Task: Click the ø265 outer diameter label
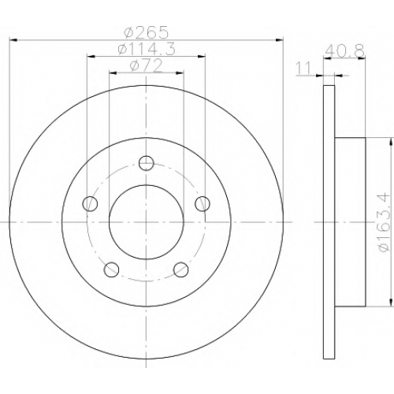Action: coord(146,32)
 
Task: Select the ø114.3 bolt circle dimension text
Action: coord(147,49)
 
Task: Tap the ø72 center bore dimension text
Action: coord(147,65)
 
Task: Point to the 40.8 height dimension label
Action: coord(344,51)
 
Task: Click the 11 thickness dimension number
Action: coord(303,69)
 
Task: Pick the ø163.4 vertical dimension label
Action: coord(384,222)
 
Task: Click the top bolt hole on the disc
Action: coord(146,163)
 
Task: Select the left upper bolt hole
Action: coord(90,203)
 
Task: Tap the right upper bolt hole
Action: coord(203,203)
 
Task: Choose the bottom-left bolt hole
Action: coord(112,269)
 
